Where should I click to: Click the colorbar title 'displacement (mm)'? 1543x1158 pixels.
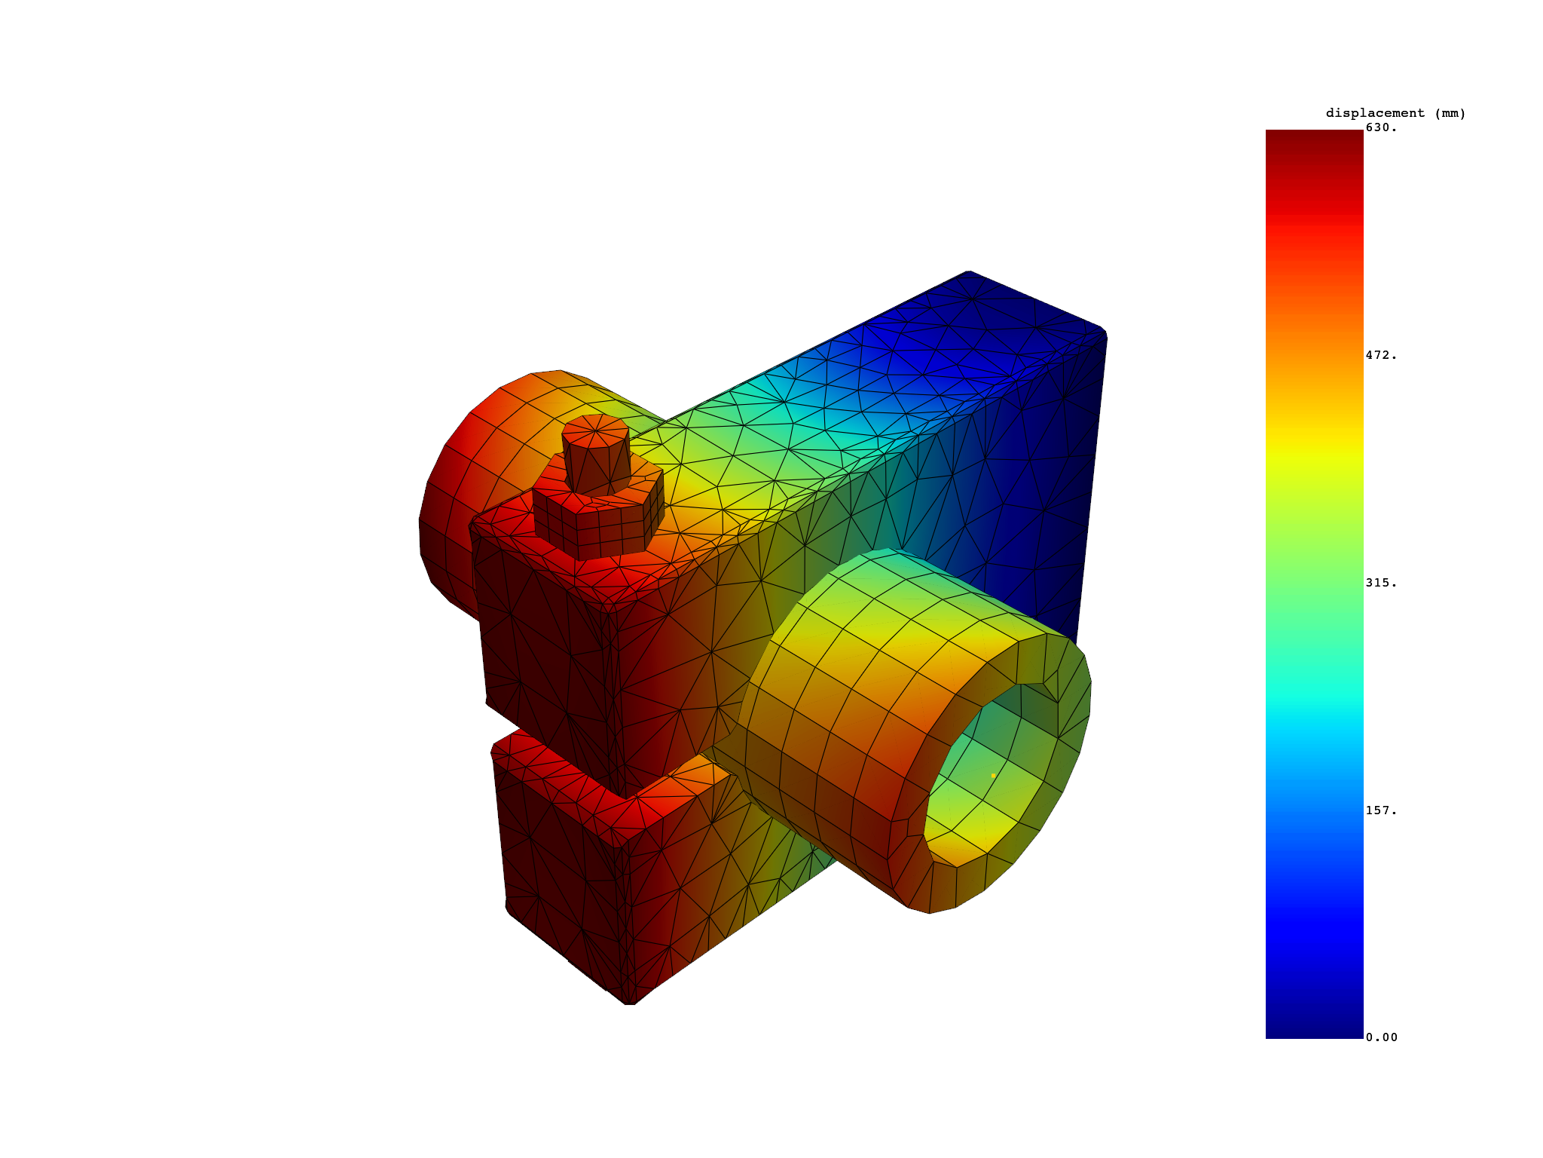pyautogui.click(x=1395, y=113)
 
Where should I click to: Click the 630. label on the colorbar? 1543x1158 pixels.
pyautogui.click(x=1382, y=128)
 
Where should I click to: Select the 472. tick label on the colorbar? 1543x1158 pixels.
pyautogui.click(x=1382, y=356)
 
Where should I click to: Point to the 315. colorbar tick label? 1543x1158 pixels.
pyautogui.click(x=1382, y=583)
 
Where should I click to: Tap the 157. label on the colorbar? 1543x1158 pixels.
pyautogui.click(x=1382, y=810)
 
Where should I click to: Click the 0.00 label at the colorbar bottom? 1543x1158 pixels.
pyautogui.click(x=1382, y=1037)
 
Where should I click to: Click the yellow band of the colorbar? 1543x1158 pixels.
pyautogui.click(x=1314, y=452)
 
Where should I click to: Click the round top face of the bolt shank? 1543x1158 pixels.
pyautogui.click(x=595, y=431)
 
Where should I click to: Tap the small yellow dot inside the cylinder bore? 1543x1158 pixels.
pyautogui.click(x=993, y=775)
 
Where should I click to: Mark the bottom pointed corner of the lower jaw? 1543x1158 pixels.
pyautogui.click(x=630, y=1001)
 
